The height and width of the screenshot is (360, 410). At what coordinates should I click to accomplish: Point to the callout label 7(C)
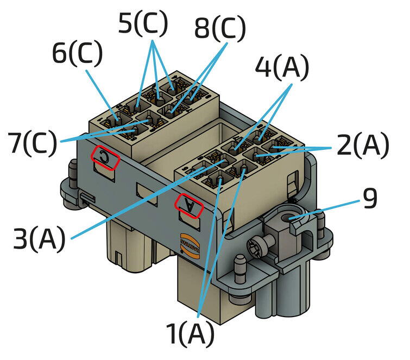[32, 143]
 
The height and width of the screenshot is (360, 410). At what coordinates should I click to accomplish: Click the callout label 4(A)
[281, 68]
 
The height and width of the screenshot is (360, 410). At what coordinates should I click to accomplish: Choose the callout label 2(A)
[362, 146]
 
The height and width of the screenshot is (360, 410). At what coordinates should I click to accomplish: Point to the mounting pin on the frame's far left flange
[72, 170]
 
